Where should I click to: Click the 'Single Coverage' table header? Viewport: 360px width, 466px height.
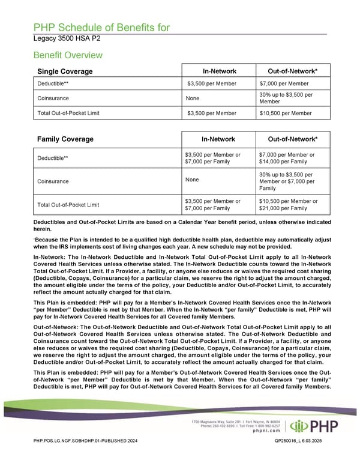click(x=65, y=72)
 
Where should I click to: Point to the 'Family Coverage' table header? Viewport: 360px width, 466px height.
click(x=65, y=139)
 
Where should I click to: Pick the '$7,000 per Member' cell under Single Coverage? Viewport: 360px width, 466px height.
click(x=284, y=83)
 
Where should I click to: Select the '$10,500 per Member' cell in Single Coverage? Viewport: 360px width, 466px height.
click(x=286, y=113)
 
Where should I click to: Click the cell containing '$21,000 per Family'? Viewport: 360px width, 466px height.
click(x=285, y=208)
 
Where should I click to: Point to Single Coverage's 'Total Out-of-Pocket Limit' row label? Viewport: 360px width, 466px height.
click(x=68, y=113)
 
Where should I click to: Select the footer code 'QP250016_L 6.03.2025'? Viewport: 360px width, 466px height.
click(x=300, y=458)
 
